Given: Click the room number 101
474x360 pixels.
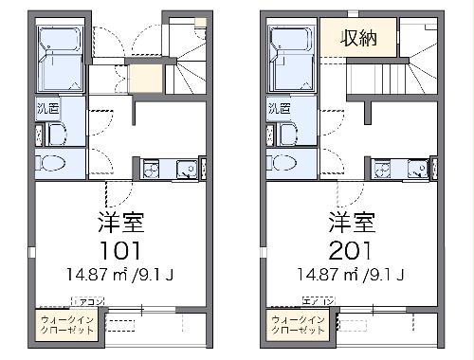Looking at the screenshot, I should pos(119,251).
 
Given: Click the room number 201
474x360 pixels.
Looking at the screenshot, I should pos(351,251).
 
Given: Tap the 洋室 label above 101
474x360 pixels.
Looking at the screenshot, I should pos(119,224).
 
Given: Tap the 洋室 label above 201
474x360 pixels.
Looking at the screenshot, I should pos(351,224).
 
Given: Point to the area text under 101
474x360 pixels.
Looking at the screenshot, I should pos(119,276).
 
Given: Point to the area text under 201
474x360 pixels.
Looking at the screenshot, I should pos(351,276).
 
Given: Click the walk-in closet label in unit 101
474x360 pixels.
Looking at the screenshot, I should pos(66,326).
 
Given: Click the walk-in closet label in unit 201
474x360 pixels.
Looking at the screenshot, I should pos(298,326).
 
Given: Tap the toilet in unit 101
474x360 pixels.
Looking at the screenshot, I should pos(52,164).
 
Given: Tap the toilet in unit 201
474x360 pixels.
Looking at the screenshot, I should pos(284,164).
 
